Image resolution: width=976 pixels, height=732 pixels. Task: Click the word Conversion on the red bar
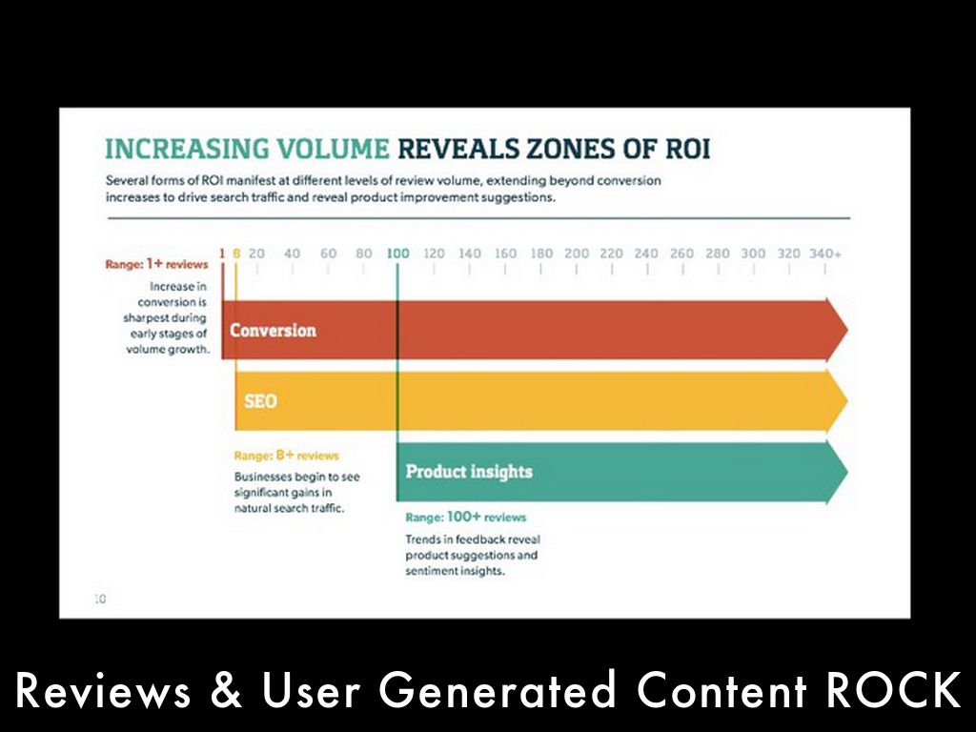pyautogui.click(x=273, y=331)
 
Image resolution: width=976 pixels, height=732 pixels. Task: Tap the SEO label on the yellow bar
pyautogui.click(x=260, y=401)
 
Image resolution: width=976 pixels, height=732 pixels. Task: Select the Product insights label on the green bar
pyautogui.click(x=469, y=472)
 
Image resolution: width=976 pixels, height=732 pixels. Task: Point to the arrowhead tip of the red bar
pyautogui.click(x=846, y=330)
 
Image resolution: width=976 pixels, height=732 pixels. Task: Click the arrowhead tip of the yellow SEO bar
pyautogui.click(x=846, y=400)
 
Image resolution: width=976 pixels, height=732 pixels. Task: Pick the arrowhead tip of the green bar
pyautogui.click(x=846, y=472)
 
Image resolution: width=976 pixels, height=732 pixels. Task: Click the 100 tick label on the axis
pyautogui.click(x=398, y=254)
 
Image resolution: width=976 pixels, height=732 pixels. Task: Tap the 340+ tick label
pyautogui.click(x=824, y=254)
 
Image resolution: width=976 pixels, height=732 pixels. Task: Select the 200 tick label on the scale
pyautogui.click(x=577, y=254)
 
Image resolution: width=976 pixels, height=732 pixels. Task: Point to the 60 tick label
pyautogui.click(x=328, y=254)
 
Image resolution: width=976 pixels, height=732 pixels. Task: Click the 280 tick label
pyautogui.click(x=718, y=254)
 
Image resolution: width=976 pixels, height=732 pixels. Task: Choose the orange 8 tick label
pyautogui.click(x=236, y=254)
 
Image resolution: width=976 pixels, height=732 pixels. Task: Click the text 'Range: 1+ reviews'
pyautogui.click(x=156, y=265)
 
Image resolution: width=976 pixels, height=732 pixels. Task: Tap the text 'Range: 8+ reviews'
pyautogui.click(x=286, y=456)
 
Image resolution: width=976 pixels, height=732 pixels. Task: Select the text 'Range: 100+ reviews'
pyautogui.click(x=465, y=517)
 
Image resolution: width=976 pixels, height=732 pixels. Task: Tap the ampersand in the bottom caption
pyautogui.click(x=226, y=691)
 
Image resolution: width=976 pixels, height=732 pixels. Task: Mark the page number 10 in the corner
pyautogui.click(x=99, y=599)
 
